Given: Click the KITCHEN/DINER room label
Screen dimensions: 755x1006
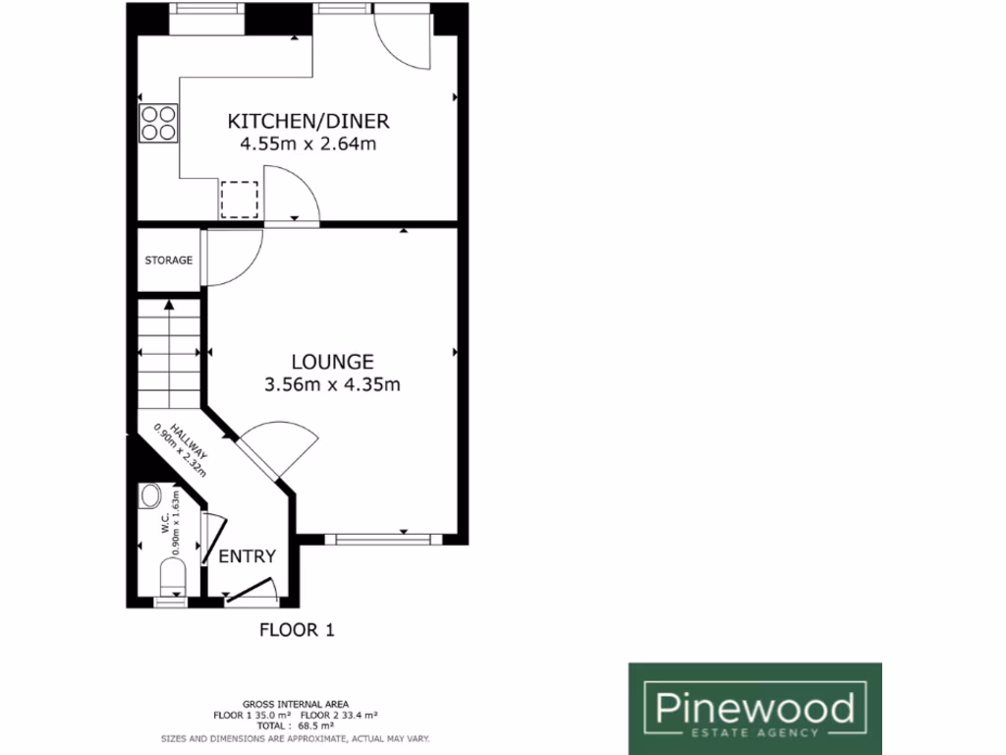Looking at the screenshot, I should (x=308, y=122).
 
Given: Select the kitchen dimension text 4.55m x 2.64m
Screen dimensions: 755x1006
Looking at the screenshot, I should (x=308, y=144).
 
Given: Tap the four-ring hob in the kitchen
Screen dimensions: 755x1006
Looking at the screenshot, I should (x=157, y=123).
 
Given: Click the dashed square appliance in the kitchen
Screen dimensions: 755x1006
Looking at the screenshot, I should (x=239, y=200).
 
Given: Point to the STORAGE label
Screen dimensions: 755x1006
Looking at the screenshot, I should (x=169, y=261).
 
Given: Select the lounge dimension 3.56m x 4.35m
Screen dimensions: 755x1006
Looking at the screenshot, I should (x=332, y=384).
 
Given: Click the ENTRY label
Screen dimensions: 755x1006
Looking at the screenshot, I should (x=247, y=556).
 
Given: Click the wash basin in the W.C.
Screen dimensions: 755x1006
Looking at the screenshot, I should (x=151, y=494).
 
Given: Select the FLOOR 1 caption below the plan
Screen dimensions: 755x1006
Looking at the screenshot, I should (x=297, y=631).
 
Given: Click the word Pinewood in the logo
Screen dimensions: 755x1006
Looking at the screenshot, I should (x=754, y=706).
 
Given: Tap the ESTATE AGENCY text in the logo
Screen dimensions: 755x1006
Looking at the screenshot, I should (x=754, y=732).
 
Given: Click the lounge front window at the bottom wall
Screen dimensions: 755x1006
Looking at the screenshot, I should (x=379, y=539).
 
